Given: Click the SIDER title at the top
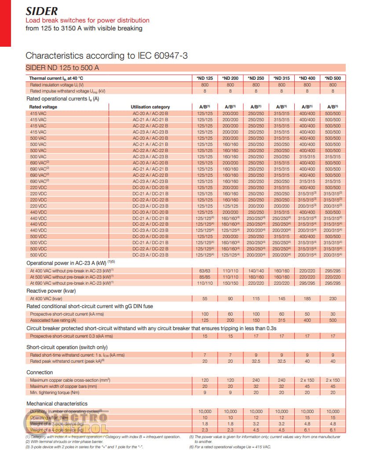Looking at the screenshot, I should pyautogui.click(x=41, y=11).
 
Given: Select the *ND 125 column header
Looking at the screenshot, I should pyautogui.click(x=205, y=78).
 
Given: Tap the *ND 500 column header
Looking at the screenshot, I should pyautogui.click(x=333, y=78).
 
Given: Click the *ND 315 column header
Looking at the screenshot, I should pyautogui.click(x=282, y=78).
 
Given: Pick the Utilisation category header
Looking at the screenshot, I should pyautogui.click(x=150, y=107).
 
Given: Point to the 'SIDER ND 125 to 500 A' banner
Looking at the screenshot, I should pyautogui.click(x=62, y=68).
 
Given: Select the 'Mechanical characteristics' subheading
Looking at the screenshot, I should pyautogui.click(x=57, y=403).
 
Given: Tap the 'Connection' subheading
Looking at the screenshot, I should pyautogui.click(x=40, y=372).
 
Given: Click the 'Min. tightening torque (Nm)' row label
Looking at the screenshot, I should pyautogui.click(x=55, y=392).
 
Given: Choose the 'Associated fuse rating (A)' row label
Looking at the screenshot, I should pyautogui.click(x=53, y=320).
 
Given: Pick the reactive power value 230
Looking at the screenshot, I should pyautogui.click(x=333, y=299).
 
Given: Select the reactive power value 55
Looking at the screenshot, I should pyautogui.click(x=205, y=299).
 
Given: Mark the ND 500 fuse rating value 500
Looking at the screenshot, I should pyautogui.click(x=333, y=320).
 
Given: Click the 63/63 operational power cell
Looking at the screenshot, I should pyautogui.click(x=205, y=271).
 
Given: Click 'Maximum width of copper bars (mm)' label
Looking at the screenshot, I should pyautogui.click(x=63, y=386).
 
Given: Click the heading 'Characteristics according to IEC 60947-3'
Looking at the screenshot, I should pyautogui.click(x=108, y=56).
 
